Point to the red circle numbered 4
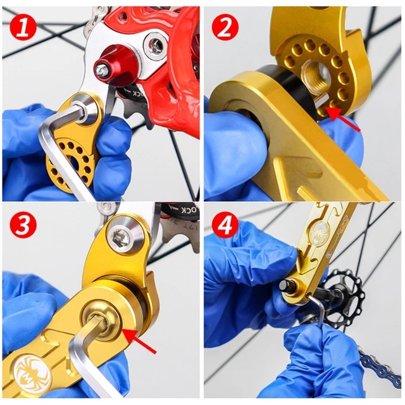tap(224, 225)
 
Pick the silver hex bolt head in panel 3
tap(121, 237)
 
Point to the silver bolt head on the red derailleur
tap(155, 44)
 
